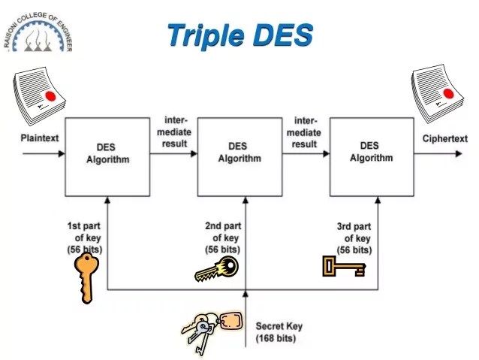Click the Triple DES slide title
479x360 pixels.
coord(239,35)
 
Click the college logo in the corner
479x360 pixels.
coord(38,31)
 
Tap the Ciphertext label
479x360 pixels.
coord(444,139)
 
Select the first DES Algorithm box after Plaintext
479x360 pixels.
coord(107,153)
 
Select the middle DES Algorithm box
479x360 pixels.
coord(239,153)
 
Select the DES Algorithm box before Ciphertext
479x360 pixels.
coord(371,153)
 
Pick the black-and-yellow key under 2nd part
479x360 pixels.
coord(217,269)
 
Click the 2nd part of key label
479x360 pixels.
coord(223,237)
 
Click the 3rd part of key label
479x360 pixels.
coord(354,237)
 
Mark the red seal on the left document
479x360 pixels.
coord(50,96)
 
